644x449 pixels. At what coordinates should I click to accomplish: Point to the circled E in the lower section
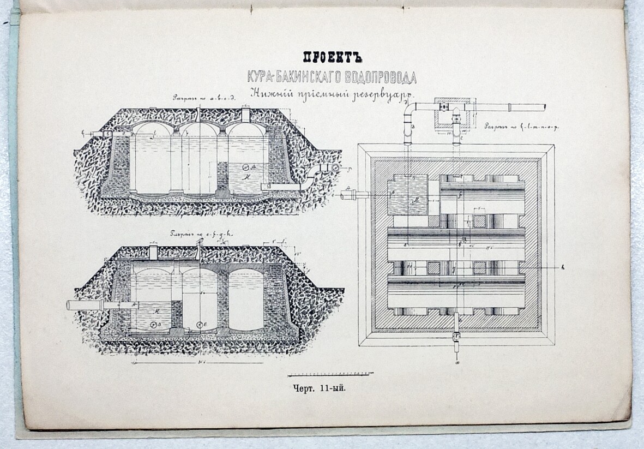point(200,325)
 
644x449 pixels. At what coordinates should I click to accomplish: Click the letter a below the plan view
point(457,361)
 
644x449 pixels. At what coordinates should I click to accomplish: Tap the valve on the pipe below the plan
point(456,335)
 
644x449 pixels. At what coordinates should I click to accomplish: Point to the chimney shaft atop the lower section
point(153,252)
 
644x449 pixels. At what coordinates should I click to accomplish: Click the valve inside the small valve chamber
point(443,109)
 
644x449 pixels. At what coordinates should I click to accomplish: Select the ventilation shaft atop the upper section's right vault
point(245,114)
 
